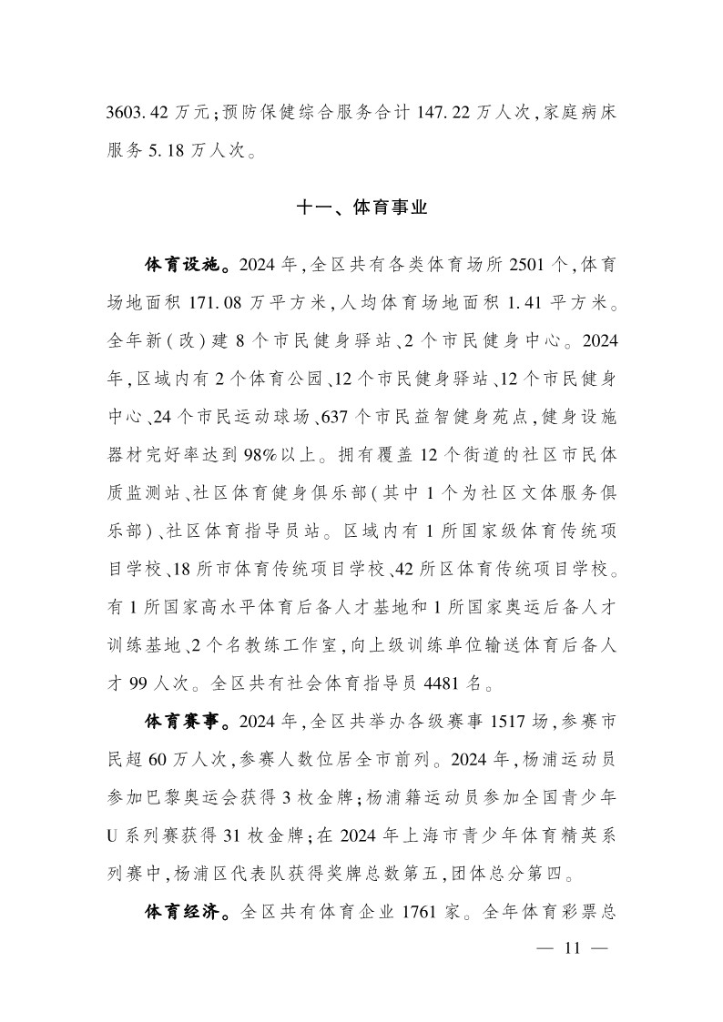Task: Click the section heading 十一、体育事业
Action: coord(361,208)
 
